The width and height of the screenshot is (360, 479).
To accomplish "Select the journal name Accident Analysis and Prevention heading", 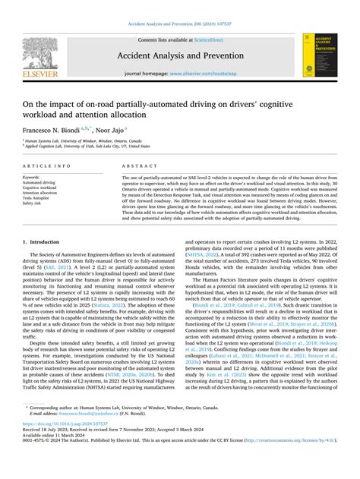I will (180, 55).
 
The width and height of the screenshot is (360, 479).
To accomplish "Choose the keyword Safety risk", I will (33, 203).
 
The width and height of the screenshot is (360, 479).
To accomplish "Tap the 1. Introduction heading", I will (40, 241).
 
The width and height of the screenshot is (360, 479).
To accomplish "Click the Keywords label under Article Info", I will (31, 177).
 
